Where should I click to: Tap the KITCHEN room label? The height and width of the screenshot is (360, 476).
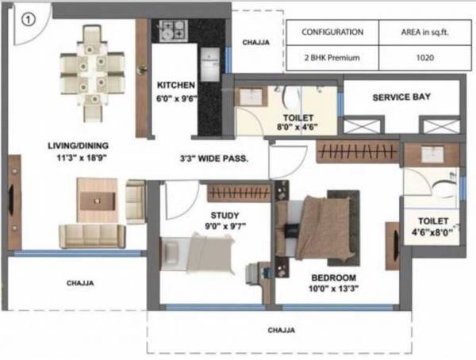[x=175, y=86]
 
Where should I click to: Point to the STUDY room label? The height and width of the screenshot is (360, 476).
[x=226, y=215]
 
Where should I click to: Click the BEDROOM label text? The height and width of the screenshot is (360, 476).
[x=333, y=278]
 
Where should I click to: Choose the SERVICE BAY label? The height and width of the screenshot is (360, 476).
[x=401, y=98]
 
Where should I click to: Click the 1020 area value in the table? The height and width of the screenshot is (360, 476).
[x=422, y=58]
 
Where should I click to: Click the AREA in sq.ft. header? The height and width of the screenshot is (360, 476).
[x=422, y=33]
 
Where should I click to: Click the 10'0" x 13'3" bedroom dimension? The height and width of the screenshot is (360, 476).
[x=333, y=291]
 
